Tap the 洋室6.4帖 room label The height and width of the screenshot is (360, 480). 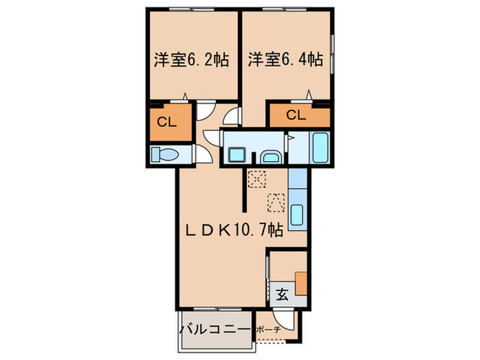click(x=285, y=60)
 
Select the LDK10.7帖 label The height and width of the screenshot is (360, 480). click(x=233, y=230)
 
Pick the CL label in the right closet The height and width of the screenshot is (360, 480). click(x=296, y=115)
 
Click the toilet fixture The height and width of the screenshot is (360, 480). click(x=165, y=154)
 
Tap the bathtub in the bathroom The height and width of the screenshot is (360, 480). click(x=320, y=146)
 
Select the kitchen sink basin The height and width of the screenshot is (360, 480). click(x=298, y=214)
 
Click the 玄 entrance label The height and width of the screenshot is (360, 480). click(x=282, y=296)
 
